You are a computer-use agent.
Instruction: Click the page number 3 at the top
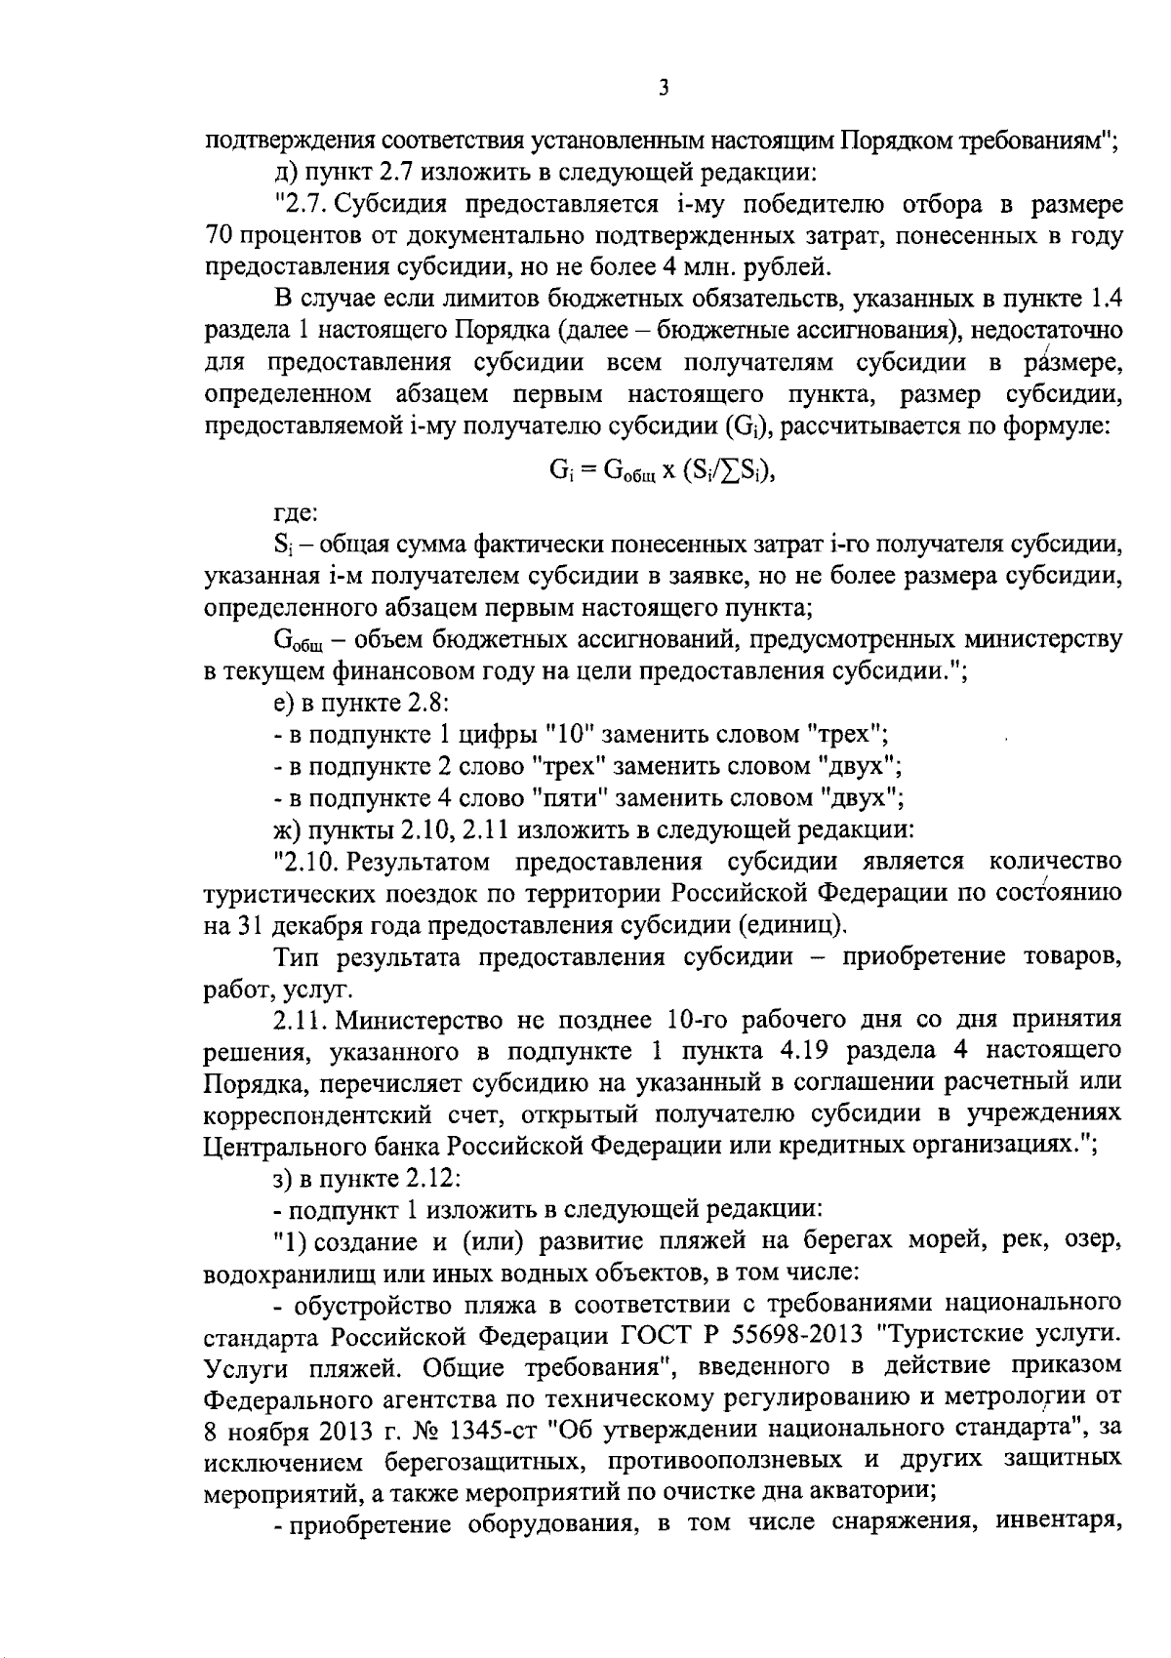click(x=664, y=89)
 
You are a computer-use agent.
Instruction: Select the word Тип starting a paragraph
click(x=299, y=957)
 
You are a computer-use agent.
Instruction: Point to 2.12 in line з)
click(x=430, y=1178)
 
